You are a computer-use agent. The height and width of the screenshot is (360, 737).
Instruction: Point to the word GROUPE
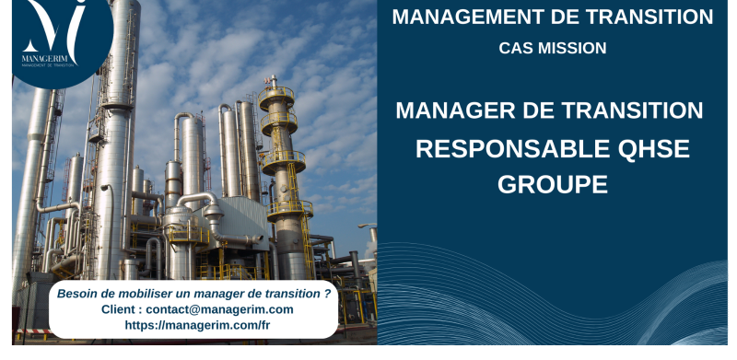pos(553,183)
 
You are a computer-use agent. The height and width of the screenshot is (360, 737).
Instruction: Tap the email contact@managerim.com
pos(219,309)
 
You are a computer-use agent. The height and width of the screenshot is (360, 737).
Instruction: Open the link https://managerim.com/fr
pos(197,325)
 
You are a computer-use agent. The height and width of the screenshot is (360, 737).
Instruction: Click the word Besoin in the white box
pos(77,294)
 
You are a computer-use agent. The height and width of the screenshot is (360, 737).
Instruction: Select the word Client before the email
pos(120,309)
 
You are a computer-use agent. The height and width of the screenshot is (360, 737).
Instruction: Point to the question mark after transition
pos(328,294)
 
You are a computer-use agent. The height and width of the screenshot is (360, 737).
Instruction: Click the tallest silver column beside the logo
pos(117,138)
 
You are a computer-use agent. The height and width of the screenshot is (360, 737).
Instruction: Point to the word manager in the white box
pos(216,294)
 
